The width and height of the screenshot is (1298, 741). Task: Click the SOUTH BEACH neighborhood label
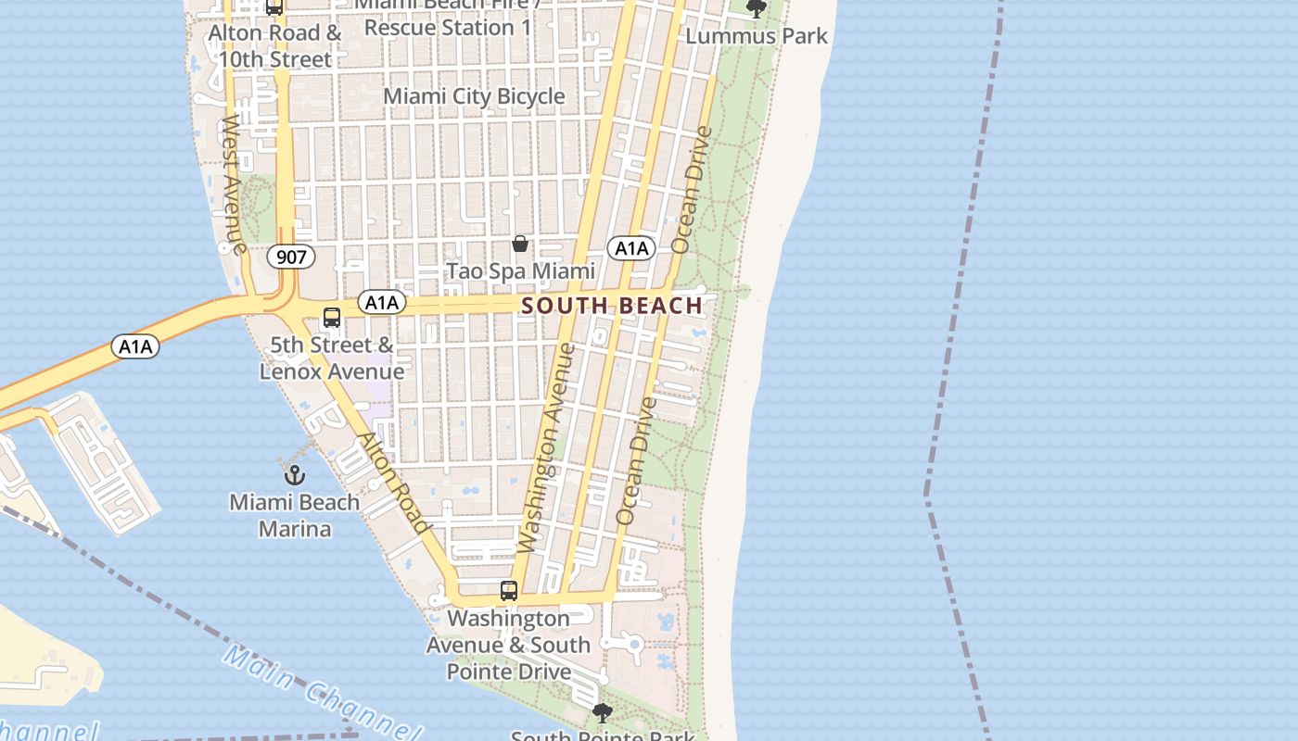click(x=612, y=306)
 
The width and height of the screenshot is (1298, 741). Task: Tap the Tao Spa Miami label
click(x=520, y=271)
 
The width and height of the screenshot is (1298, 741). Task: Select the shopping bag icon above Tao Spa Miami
click(x=520, y=244)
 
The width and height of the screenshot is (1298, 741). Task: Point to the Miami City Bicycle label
click(x=474, y=96)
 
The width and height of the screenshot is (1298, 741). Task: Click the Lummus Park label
click(x=757, y=36)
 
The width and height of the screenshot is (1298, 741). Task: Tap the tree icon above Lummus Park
click(x=757, y=9)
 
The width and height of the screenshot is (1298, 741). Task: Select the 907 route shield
click(x=291, y=257)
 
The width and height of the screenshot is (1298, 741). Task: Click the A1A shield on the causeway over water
click(x=135, y=346)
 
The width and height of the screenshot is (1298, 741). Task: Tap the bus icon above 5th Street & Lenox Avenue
click(x=332, y=318)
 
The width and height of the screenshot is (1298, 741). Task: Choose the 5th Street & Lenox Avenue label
click(x=332, y=358)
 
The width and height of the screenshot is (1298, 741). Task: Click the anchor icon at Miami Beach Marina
click(x=294, y=476)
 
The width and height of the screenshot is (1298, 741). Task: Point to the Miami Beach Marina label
click(x=295, y=516)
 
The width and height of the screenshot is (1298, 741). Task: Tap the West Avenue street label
click(x=233, y=184)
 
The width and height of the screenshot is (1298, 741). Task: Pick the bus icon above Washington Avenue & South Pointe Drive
click(x=509, y=591)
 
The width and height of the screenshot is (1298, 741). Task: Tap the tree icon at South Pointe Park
click(x=603, y=713)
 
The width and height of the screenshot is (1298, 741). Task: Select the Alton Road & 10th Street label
click(x=275, y=46)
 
